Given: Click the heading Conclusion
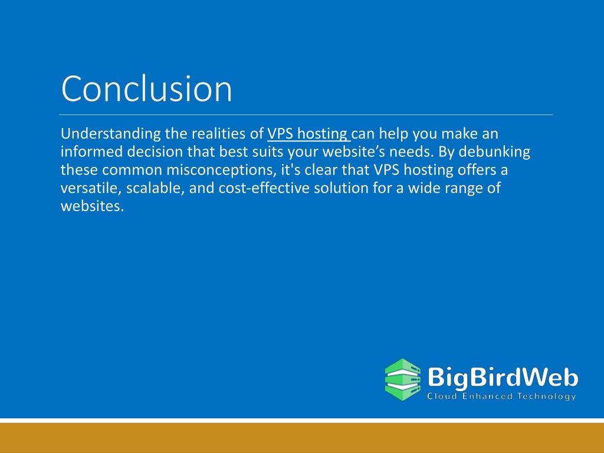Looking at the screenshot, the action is [146, 88].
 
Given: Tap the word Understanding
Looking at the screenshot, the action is [111, 134].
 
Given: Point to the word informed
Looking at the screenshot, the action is [91, 152].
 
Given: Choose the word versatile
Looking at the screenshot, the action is [91, 188].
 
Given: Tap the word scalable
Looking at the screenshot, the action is [155, 188].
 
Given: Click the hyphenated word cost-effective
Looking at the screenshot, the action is [264, 188].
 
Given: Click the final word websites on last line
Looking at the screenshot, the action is [92, 206].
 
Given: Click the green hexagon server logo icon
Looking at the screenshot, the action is [403, 379].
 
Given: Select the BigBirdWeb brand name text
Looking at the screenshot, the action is [503, 377].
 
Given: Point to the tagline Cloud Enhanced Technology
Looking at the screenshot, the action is [501, 396].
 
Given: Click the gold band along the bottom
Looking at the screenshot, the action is [302, 438].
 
